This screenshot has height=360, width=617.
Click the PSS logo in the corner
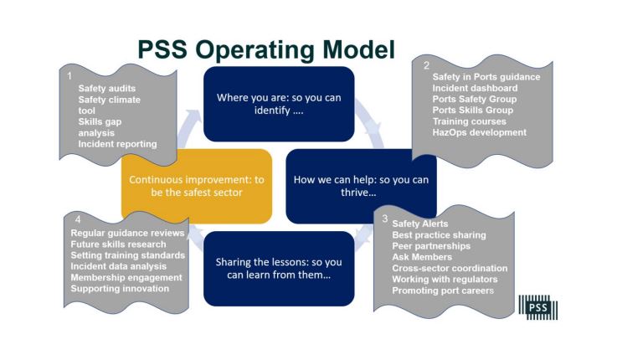(538, 307)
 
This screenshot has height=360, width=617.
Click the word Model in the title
(358, 49)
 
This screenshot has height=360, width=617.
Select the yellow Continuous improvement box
(197, 186)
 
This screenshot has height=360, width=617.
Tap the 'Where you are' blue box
(279, 104)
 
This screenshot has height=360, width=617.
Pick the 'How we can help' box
(361, 186)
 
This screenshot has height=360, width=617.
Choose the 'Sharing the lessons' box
(279, 269)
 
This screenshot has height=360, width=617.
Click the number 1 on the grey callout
(69, 76)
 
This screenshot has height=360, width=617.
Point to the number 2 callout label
(427, 65)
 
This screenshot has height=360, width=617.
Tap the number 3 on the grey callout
(385, 219)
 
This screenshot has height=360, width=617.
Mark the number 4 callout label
(78, 219)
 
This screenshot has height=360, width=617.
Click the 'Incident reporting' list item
(117, 144)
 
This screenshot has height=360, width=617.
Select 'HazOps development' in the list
(479, 132)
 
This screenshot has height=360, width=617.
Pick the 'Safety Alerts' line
(420, 224)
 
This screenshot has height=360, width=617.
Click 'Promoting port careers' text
(443, 291)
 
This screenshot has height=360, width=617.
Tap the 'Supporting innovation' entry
(120, 288)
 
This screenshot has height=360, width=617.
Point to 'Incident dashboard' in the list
(475, 88)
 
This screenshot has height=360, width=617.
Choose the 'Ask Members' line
(422, 257)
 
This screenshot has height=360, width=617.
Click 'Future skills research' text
(118, 244)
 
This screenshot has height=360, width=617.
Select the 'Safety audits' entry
(106, 89)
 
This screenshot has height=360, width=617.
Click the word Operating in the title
(255, 50)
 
